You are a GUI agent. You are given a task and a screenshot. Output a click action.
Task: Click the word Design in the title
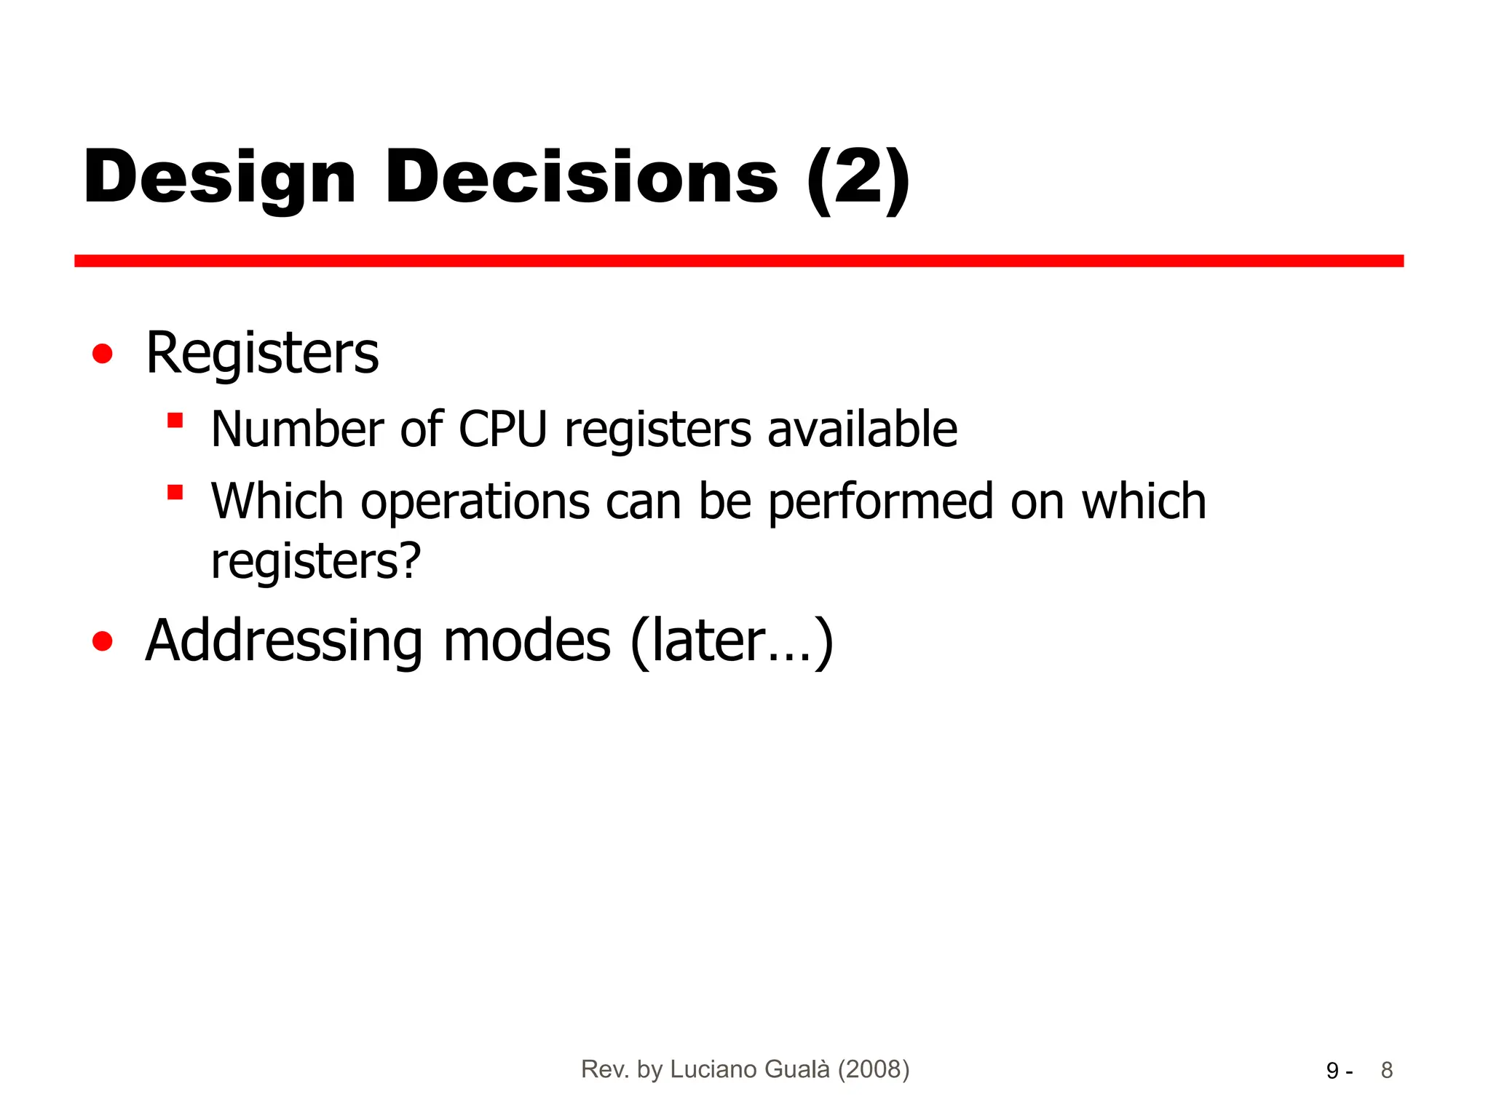tap(219, 178)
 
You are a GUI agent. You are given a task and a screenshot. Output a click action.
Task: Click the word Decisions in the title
tap(582, 178)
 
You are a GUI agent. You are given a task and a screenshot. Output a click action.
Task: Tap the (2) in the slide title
tap(858, 178)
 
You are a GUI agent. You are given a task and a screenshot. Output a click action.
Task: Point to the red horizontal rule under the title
tap(738, 261)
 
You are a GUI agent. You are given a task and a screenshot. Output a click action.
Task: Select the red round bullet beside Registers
tap(103, 354)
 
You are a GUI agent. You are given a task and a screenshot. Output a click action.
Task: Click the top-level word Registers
tap(262, 354)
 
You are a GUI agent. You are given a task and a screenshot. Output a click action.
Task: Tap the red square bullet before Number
tap(175, 421)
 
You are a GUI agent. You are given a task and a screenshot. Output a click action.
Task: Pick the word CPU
tap(502, 429)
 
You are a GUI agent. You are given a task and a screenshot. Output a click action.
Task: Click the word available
tap(863, 429)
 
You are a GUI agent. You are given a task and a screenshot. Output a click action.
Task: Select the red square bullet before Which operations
tap(175, 493)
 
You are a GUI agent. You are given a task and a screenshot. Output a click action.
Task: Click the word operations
tap(475, 502)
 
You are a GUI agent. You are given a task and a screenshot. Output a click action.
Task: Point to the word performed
tap(881, 502)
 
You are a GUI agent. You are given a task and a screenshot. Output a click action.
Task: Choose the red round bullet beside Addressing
tap(103, 641)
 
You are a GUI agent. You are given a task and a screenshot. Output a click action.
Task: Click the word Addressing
tap(284, 641)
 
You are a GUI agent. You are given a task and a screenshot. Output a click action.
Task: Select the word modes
tap(527, 641)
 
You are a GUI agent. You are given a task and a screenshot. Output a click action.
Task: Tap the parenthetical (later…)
tap(732, 641)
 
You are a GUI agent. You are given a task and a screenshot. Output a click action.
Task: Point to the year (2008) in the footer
tap(874, 1069)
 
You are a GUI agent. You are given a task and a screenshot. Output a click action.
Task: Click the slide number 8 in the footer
tap(1386, 1070)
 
